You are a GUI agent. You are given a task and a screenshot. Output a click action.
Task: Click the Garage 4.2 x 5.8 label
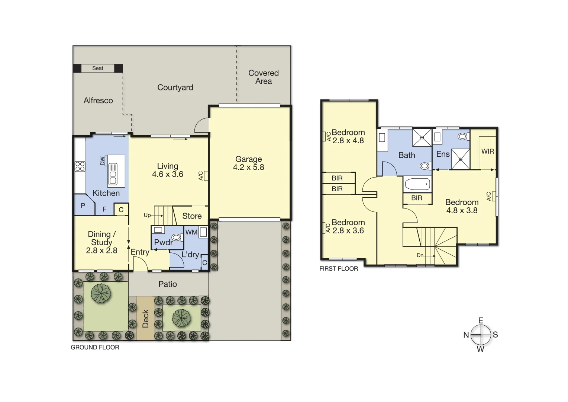coord(248,163)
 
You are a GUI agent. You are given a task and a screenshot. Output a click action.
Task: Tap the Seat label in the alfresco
coord(98,68)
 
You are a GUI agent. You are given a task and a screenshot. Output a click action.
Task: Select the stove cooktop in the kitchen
coord(80,166)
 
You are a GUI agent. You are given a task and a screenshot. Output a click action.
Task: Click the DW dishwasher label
coord(103,161)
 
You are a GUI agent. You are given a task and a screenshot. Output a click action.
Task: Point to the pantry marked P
coord(83,205)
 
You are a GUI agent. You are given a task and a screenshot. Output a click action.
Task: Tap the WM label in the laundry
coord(191,232)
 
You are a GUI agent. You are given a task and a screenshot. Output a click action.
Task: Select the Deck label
coord(145,319)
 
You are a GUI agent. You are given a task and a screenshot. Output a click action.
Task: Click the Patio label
coord(168,284)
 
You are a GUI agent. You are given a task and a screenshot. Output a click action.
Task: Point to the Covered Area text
coord(263,77)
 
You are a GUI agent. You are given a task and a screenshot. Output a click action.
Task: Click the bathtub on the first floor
coord(417,184)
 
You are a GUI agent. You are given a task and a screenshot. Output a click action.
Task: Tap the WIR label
coord(487,151)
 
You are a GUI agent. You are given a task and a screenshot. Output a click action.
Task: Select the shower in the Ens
coord(460,159)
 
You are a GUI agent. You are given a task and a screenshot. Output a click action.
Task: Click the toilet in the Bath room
coord(425,166)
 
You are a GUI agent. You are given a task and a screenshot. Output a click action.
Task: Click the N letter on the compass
coord(466,335)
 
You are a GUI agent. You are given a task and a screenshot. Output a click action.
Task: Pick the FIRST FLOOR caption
coord(339,269)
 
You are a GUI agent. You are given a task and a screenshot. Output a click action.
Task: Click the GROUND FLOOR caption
coord(95,347)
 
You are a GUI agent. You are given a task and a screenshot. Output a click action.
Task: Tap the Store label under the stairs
coord(192,216)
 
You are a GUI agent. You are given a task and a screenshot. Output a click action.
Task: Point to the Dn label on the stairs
coord(420,255)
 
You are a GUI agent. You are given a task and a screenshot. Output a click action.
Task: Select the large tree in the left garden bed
coord(100,294)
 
